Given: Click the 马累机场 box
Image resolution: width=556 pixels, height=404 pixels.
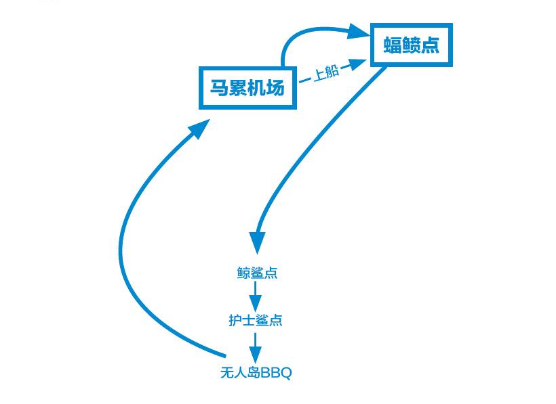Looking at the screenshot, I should tap(247, 88).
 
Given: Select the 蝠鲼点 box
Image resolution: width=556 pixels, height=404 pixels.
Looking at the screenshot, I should tap(411, 45).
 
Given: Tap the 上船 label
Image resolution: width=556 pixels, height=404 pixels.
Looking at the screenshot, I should tap(326, 72).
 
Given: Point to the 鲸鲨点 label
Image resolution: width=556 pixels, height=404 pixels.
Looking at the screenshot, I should tap(257, 273).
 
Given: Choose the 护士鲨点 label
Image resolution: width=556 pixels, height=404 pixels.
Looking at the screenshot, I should tap(256, 320).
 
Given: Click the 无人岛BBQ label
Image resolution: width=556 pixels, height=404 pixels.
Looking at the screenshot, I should tap(256, 372).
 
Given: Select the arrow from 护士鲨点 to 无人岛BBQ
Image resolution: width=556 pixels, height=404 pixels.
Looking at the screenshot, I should tap(255, 346).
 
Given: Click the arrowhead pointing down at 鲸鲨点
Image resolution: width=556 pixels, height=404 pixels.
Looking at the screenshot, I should tap(257, 241).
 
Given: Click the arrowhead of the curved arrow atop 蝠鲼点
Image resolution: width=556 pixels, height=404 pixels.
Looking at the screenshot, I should tap(358, 30).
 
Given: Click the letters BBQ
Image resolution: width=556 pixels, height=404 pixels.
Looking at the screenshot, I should tap(277, 373).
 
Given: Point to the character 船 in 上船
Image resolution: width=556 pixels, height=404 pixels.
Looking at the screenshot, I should tap(332, 71).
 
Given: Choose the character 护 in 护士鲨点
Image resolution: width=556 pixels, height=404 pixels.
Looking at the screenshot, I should tap(235, 320).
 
